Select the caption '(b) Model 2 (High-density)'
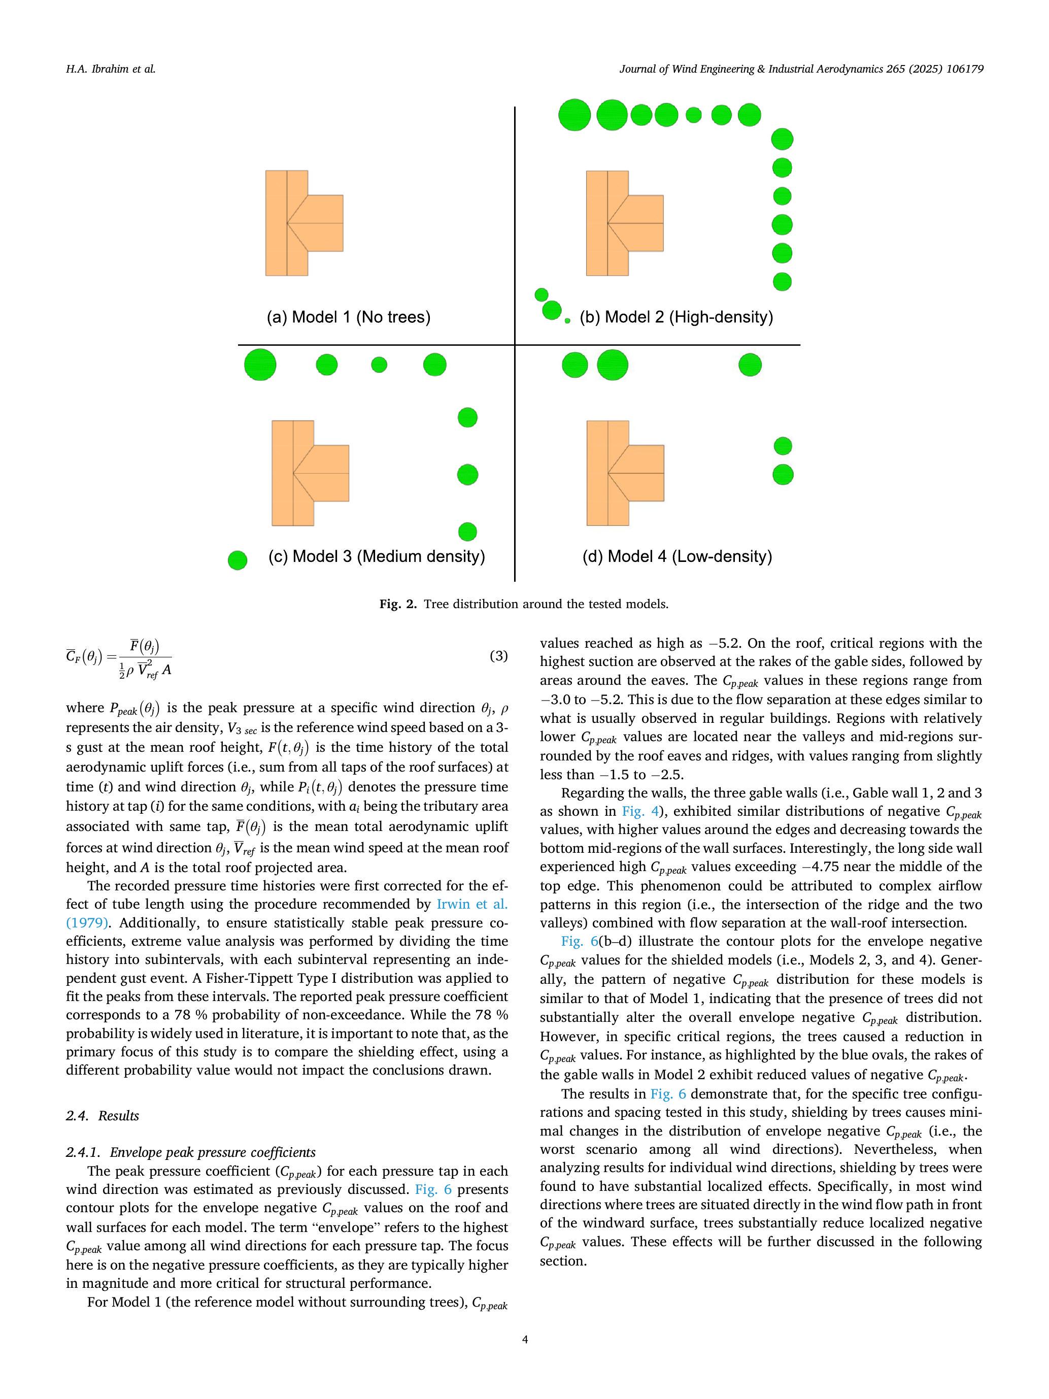click(x=676, y=317)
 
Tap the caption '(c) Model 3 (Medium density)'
click(x=376, y=556)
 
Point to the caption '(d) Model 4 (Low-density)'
click(x=676, y=556)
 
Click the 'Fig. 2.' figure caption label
click(x=398, y=604)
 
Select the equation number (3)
click(x=498, y=656)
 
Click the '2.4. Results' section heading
click(x=102, y=1116)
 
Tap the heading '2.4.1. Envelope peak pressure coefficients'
click(x=190, y=1152)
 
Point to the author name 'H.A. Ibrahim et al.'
click(x=110, y=69)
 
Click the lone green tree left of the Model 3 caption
click(x=237, y=560)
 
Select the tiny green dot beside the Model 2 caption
click(x=567, y=321)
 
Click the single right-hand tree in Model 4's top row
click(x=750, y=365)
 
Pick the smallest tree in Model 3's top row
click(x=379, y=365)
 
